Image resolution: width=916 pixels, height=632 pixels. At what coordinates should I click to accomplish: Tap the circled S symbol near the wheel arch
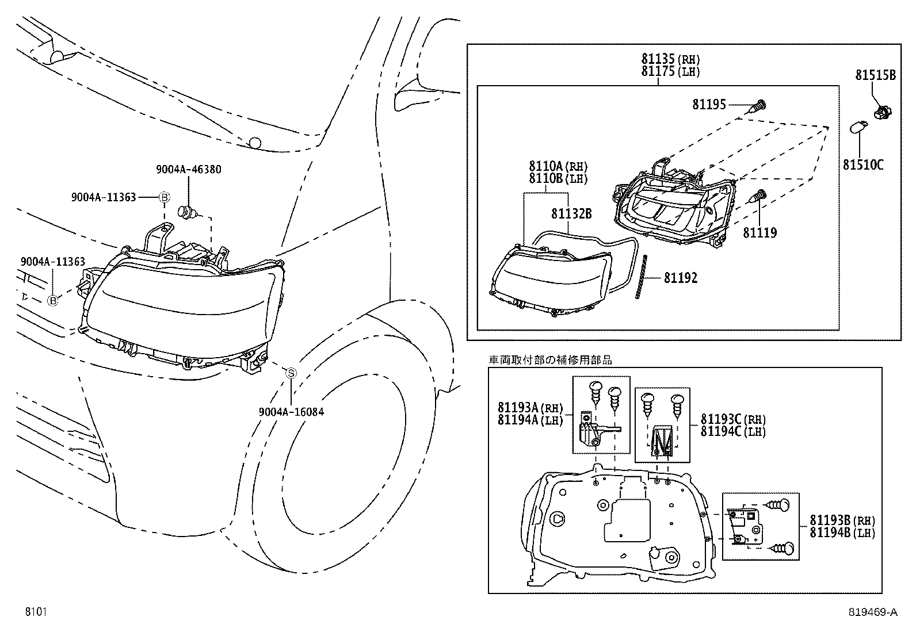coord(291,373)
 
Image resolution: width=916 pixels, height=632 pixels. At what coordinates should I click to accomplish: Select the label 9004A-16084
coord(291,412)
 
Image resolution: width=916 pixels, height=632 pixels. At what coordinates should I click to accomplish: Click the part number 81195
coord(709,105)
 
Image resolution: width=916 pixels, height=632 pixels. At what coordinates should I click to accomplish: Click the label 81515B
coord(875,75)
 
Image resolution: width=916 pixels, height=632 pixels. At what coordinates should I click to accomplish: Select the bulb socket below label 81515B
coord(879,111)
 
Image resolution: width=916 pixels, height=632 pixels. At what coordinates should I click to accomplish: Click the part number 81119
coord(759,233)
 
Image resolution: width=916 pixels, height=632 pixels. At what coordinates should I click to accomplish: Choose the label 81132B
coord(571,214)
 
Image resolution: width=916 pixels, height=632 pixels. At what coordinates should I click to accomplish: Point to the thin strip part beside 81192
coord(642,277)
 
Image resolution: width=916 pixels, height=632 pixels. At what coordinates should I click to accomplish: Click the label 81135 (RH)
coord(670,59)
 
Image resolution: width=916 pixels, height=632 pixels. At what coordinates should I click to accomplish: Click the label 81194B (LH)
coord(842,533)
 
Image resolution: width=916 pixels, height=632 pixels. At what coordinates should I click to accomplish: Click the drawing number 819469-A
coord(872,612)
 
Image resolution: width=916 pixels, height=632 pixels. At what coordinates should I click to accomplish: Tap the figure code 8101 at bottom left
coord(35,612)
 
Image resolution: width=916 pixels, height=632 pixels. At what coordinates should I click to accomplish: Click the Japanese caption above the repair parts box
coord(550,360)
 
